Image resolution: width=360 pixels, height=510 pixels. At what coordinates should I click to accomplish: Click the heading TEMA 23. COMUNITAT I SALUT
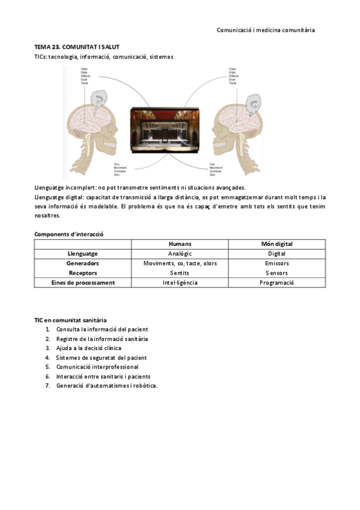[x=76, y=46]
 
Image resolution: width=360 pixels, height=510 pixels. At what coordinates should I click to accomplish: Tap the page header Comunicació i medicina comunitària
[x=266, y=29]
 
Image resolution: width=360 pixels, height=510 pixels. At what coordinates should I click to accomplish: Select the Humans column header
[x=180, y=244]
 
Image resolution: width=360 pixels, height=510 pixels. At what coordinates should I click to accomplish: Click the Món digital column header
[x=276, y=244]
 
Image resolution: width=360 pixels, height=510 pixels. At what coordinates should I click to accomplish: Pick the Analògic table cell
[x=180, y=254]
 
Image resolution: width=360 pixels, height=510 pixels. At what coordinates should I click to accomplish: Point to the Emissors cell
[x=276, y=263]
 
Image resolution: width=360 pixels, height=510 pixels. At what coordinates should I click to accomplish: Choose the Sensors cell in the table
[x=276, y=273]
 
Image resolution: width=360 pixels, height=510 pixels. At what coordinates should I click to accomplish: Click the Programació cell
[x=276, y=283]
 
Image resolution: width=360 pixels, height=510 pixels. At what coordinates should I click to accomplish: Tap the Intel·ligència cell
[x=180, y=283]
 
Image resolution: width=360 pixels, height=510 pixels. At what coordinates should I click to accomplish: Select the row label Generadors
[x=82, y=263]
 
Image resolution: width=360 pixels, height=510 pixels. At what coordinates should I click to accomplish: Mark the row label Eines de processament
[x=82, y=283]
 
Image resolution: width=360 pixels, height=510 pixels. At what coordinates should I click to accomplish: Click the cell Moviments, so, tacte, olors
[x=180, y=263]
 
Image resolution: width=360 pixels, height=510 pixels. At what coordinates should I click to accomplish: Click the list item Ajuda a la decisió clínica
[x=88, y=348]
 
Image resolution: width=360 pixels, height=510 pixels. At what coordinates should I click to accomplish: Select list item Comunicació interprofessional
[x=97, y=367]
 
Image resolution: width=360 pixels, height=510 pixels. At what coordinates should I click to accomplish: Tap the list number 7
[x=47, y=386]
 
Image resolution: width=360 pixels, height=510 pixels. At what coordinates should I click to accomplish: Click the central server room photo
[x=165, y=130]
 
